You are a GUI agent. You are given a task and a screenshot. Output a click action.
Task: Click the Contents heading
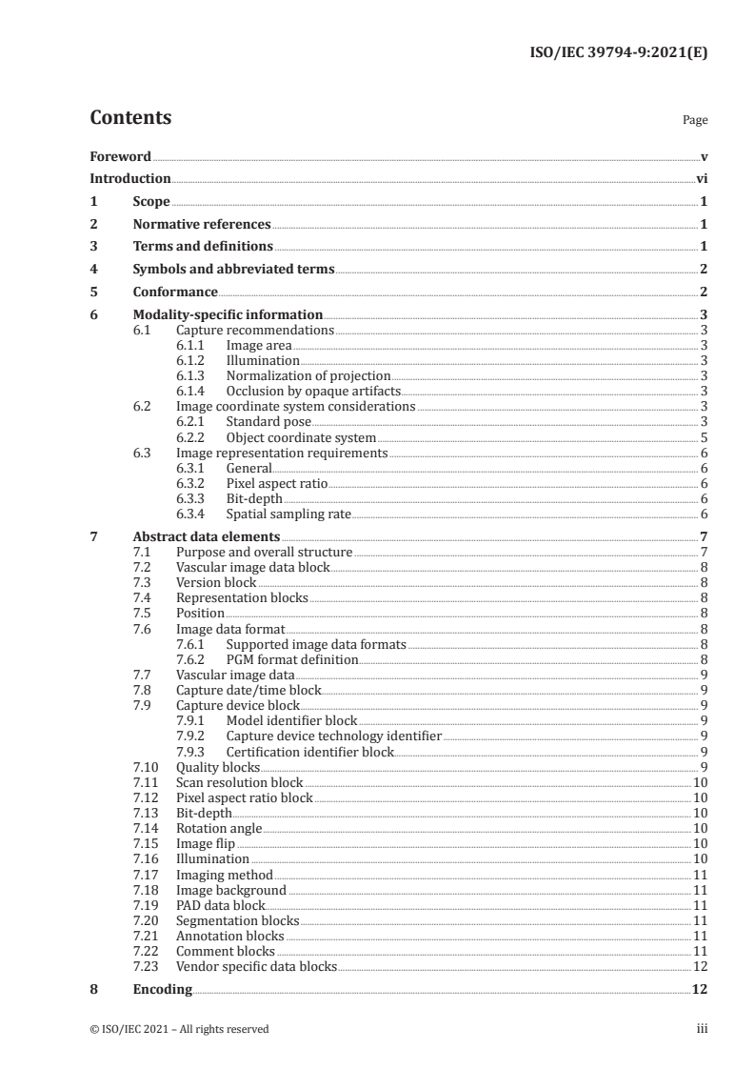point(130,118)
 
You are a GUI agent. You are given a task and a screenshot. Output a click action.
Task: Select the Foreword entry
point(120,156)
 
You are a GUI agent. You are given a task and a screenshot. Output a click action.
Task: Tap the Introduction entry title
point(130,178)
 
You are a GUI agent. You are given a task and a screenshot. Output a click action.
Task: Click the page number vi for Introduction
point(701,178)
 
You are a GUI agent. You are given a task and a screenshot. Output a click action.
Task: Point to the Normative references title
point(202,225)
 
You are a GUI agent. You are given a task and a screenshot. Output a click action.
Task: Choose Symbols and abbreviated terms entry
point(233,269)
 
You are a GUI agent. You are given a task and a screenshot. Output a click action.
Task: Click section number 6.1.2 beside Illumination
point(193,360)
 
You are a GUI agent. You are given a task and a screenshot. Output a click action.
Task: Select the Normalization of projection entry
point(308,375)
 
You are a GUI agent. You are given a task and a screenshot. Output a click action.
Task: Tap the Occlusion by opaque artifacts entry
point(313,391)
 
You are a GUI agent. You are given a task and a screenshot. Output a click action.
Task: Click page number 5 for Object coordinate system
point(703,437)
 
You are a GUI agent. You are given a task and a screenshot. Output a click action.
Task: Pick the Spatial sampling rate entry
point(288,514)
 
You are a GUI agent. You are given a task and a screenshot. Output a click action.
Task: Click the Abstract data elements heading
point(206,536)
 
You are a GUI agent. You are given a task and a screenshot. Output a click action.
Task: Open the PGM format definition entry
point(291,659)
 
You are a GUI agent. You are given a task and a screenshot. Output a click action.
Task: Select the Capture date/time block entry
point(248,690)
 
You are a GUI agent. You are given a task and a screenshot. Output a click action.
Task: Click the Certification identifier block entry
point(309,751)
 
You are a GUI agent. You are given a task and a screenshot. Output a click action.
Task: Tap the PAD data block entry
point(221,905)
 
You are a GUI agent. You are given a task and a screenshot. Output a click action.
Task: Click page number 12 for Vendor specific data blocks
point(699,966)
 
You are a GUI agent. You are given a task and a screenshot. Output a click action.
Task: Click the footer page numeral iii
point(702,1028)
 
